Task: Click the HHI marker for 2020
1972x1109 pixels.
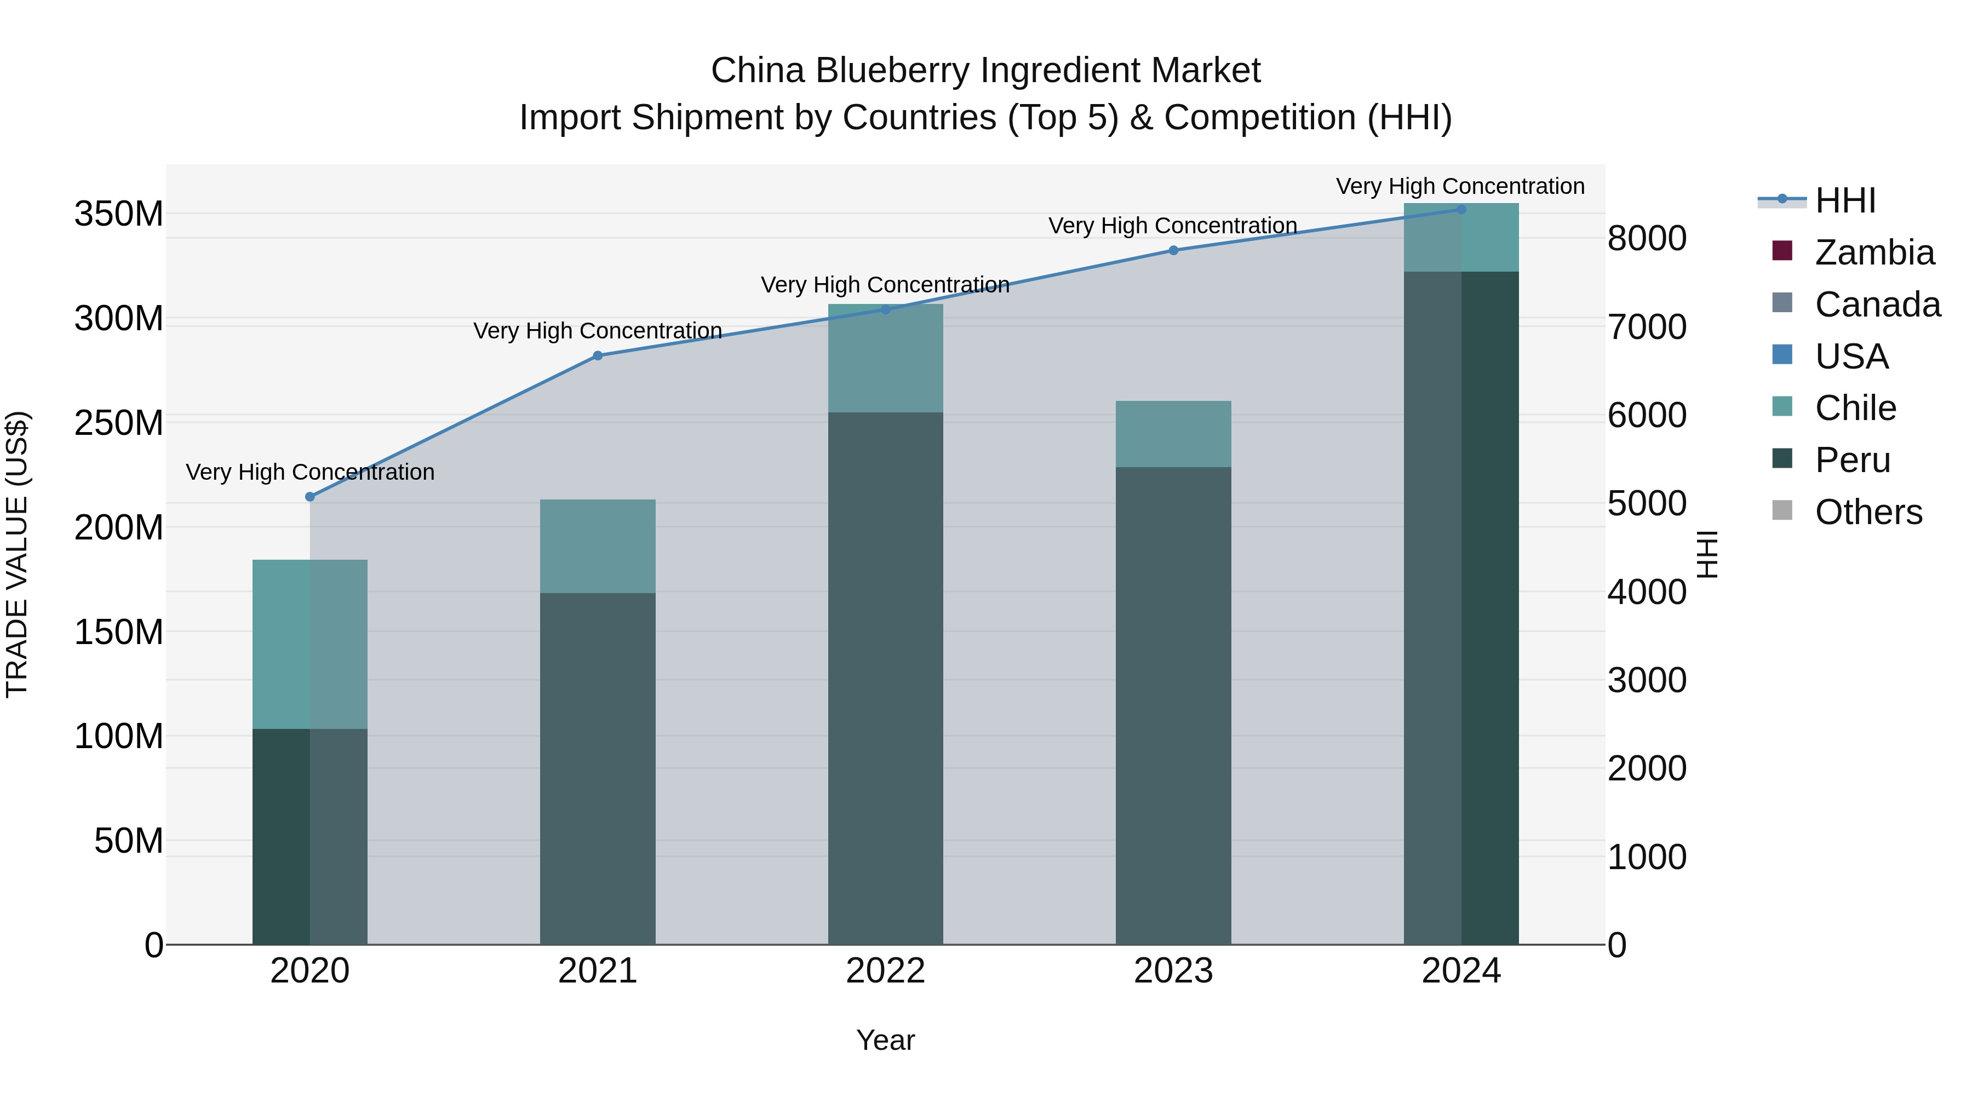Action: [310, 497]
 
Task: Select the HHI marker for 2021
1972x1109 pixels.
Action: [598, 356]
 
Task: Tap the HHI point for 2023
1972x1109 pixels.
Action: [1173, 250]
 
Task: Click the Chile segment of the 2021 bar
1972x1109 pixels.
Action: [598, 547]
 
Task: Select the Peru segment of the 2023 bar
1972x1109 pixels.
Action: [1173, 704]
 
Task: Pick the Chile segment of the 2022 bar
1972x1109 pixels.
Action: [886, 358]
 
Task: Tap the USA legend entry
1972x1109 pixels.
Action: [1851, 357]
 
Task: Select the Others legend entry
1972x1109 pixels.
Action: [1868, 512]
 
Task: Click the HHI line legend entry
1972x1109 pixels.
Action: [1845, 200]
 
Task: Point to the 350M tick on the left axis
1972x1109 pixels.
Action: [119, 214]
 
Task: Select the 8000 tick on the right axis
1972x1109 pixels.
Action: [1647, 238]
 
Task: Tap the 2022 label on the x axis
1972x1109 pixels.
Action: [886, 971]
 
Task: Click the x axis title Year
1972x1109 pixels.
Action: [886, 1040]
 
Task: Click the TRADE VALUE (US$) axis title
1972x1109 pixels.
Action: [17, 554]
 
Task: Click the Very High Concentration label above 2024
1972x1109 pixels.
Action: [1460, 186]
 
